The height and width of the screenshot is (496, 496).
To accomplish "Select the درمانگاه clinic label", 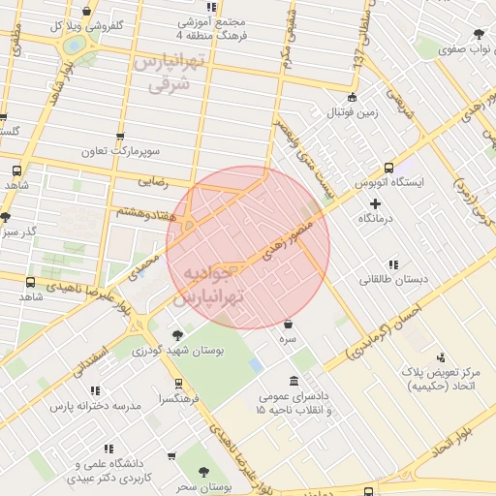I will pos(377,220).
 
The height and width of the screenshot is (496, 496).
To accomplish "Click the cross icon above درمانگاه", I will pos(376,204).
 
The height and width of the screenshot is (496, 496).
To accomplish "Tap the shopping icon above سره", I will pos(290,324).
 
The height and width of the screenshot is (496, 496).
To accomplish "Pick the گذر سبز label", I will pos(18,232).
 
